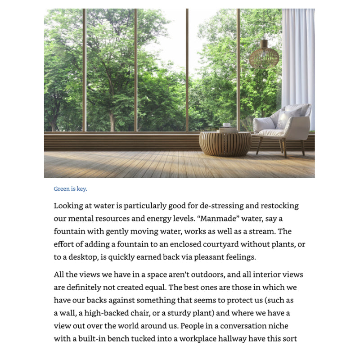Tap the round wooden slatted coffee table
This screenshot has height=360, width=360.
225,143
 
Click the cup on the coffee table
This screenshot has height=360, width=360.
227,125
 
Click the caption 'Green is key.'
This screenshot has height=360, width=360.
70,189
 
